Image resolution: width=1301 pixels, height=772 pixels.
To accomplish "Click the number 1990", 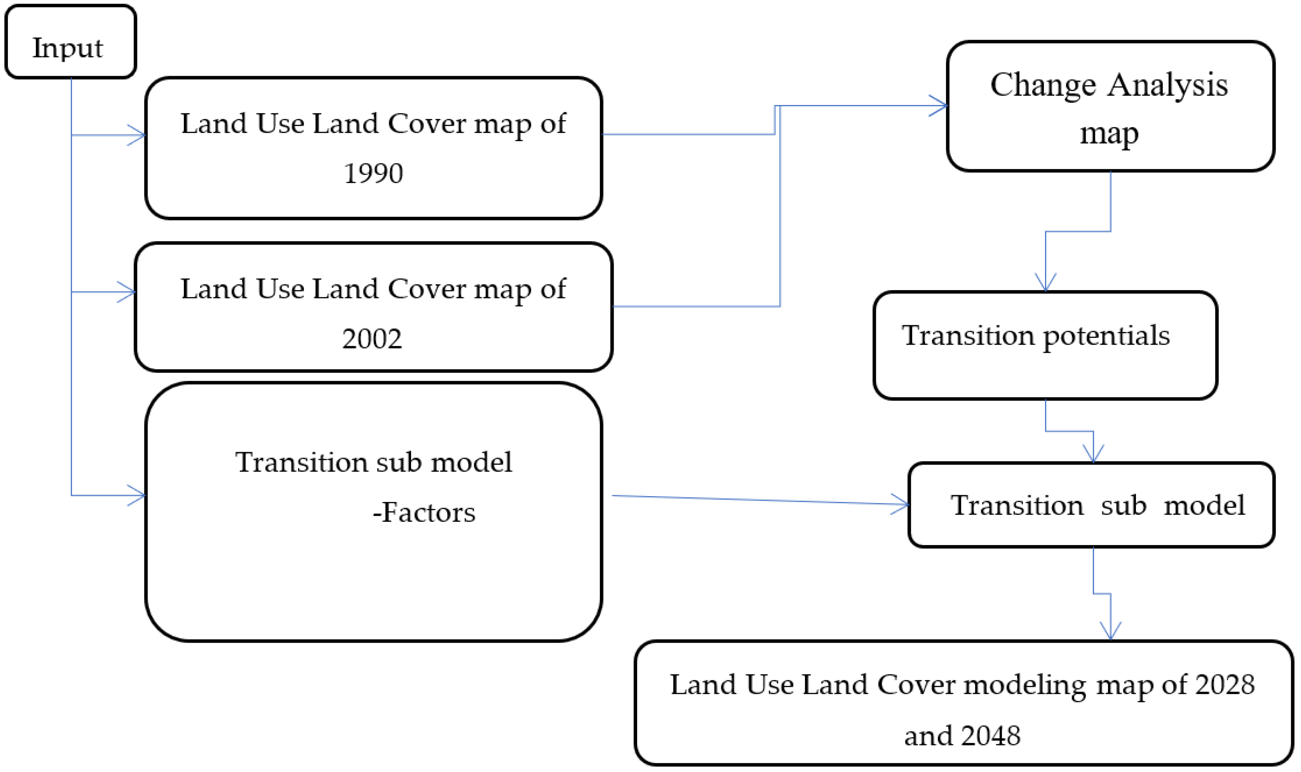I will coord(373,174).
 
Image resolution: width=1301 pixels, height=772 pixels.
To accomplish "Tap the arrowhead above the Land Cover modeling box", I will coord(1110,631).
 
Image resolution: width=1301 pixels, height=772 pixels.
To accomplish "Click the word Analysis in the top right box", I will coord(1167,85).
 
